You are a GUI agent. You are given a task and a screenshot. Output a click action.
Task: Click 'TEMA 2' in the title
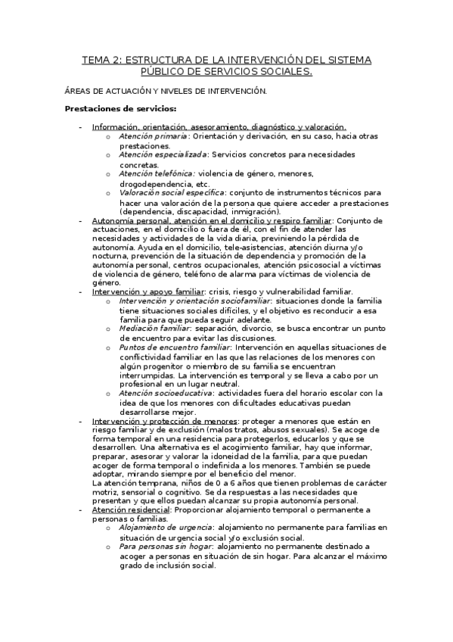101,59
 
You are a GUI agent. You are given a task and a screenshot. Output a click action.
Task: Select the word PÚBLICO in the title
163,72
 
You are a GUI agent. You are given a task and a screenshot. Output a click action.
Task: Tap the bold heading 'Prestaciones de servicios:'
110,108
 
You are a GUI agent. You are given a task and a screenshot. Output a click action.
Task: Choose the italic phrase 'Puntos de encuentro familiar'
169,347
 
